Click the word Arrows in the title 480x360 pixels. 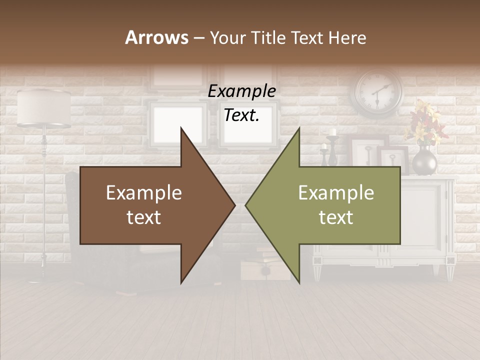pyautogui.click(x=156, y=37)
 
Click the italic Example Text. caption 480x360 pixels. pyautogui.click(x=241, y=103)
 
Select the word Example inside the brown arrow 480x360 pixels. pyautogui.click(x=144, y=193)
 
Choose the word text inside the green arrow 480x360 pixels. pyautogui.click(x=336, y=217)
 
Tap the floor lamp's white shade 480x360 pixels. pyautogui.click(x=44, y=107)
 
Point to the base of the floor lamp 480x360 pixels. pyautogui.click(x=42, y=275)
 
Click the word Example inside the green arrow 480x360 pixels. pyautogui.click(x=336, y=193)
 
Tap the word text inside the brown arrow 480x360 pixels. pyautogui.click(x=144, y=217)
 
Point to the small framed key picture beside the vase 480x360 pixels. pyautogui.click(x=395, y=159)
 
